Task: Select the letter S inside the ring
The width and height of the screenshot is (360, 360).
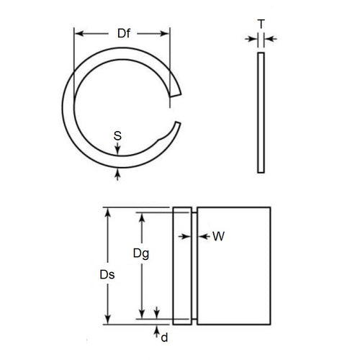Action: click(117, 135)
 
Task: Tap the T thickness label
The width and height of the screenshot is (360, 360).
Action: click(261, 24)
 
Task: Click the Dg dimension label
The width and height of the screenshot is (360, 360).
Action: click(142, 253)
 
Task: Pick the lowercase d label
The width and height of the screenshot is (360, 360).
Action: click(164, 337)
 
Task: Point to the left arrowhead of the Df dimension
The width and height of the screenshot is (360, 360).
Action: click(77, 33)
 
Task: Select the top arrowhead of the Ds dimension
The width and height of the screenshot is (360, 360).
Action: click(108, 212)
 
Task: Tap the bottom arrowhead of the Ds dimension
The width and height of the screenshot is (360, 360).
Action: click(108, 320)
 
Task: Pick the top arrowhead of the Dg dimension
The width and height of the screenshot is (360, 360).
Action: click(142, 215)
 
